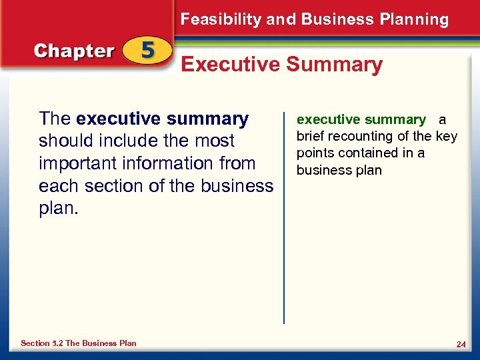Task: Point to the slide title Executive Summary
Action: tap(282, 65)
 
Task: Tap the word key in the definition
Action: tap(446, 136)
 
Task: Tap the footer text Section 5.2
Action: tap(44, 343)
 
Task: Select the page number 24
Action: tap(461, 344)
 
